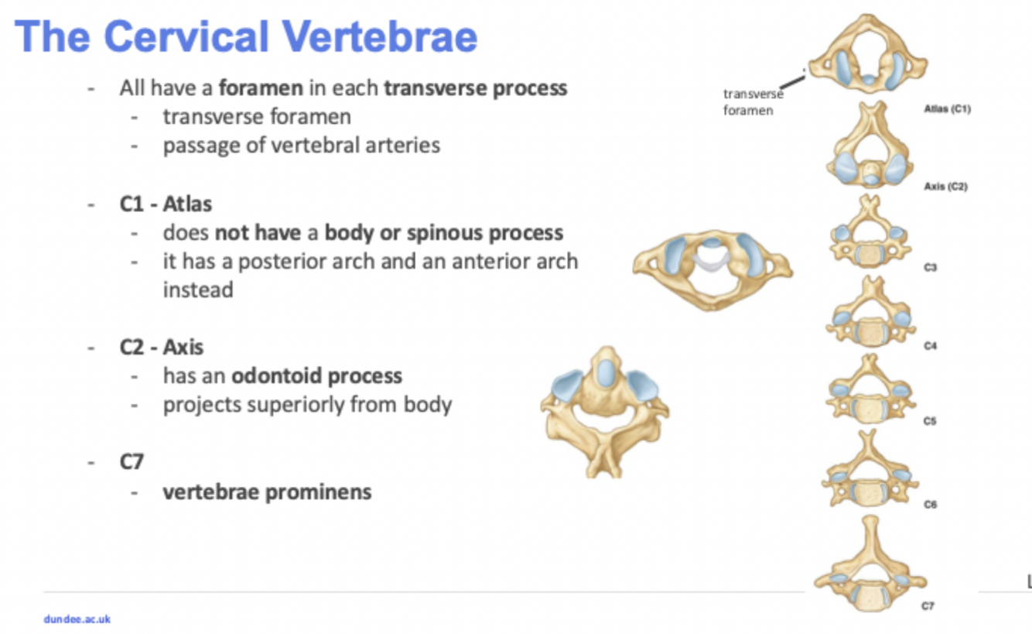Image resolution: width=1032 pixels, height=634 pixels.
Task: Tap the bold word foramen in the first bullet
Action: [x=260, y=87]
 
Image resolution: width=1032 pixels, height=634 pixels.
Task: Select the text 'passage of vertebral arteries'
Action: [x=301, y=145]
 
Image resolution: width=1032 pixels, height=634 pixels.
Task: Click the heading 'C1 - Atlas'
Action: [x=166, y=204]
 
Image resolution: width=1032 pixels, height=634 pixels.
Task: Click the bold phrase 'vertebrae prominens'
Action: [x=267, y=492]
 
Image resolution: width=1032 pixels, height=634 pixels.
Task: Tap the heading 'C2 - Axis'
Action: [x=162, y=347]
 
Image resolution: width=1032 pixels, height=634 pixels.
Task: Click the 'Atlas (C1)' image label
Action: [x=947, y=109]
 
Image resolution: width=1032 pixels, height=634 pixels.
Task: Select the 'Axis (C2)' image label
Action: [x=946, y=187]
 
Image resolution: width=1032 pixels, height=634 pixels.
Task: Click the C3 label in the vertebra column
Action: [x=930, y=267]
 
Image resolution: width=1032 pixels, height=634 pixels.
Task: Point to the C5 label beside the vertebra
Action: [x=930, y=422]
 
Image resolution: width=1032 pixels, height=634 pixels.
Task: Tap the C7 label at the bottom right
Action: [x=928, y=606]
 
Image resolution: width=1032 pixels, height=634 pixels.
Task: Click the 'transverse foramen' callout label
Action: [x=752, y=102]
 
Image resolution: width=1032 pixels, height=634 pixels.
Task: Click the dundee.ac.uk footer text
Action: [x=77, y=619]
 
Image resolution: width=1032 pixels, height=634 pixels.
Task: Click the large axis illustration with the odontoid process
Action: [x=605, y=410]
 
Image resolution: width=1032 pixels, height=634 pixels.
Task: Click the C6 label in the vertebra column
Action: [x=930, y=504]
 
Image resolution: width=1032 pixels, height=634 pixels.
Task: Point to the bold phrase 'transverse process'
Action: [x=476, y=87]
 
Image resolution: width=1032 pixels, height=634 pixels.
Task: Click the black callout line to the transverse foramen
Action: [x=791, y=81]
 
